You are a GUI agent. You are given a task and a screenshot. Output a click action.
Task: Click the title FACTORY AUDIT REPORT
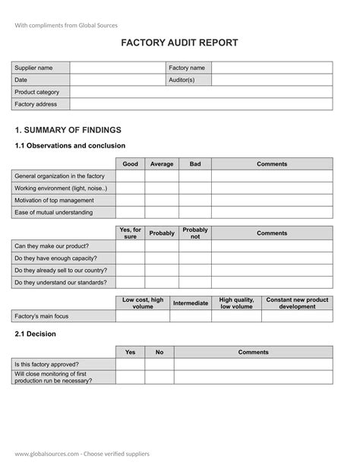click(179, 43)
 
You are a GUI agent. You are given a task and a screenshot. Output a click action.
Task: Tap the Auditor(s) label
click(182, 80)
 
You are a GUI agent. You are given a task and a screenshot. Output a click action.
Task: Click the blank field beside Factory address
click(201, 104)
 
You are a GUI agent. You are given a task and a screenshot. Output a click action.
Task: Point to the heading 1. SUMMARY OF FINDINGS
click(68, 130)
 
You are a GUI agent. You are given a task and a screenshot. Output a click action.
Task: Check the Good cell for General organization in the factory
click(130, 176)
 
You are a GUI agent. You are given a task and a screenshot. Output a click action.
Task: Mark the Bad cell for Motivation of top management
click(195, 200)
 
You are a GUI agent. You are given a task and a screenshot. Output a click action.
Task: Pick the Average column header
click(162, 163)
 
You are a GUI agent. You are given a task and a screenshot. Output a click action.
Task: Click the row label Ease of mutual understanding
click(53, 212)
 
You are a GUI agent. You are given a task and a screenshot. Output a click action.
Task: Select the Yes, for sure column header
click(130, 233)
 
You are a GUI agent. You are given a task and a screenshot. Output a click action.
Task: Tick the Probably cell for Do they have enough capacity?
click(162, 258)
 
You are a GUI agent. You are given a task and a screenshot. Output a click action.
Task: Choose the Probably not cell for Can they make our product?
click(195, 246)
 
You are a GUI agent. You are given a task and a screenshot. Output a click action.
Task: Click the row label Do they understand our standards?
click(61, 282)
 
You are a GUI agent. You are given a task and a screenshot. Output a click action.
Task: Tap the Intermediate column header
click(191, 303)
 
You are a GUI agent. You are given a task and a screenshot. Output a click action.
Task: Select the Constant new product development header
click(297, 303)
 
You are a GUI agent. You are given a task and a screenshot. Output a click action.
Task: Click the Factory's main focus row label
click(42, 315)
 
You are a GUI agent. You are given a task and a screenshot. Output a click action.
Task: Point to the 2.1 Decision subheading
click(35, 334)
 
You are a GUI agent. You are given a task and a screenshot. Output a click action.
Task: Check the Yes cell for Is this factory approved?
click(130, 364)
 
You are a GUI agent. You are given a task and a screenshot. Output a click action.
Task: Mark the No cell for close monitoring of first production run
click(159, 376)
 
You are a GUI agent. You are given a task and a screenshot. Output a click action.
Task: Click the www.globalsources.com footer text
click(81, 454)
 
